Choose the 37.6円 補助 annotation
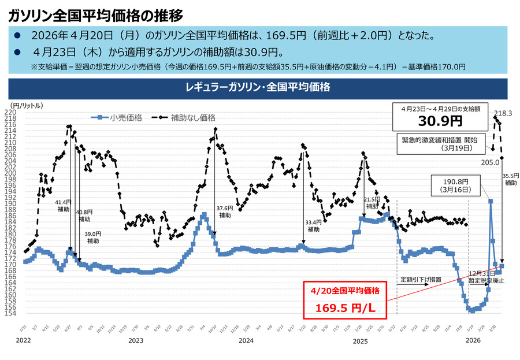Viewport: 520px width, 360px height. [x=225, y=211]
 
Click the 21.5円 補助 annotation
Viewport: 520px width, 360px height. [x=372, y=202]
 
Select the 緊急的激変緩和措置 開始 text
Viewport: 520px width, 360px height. [x=440, y=140]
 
